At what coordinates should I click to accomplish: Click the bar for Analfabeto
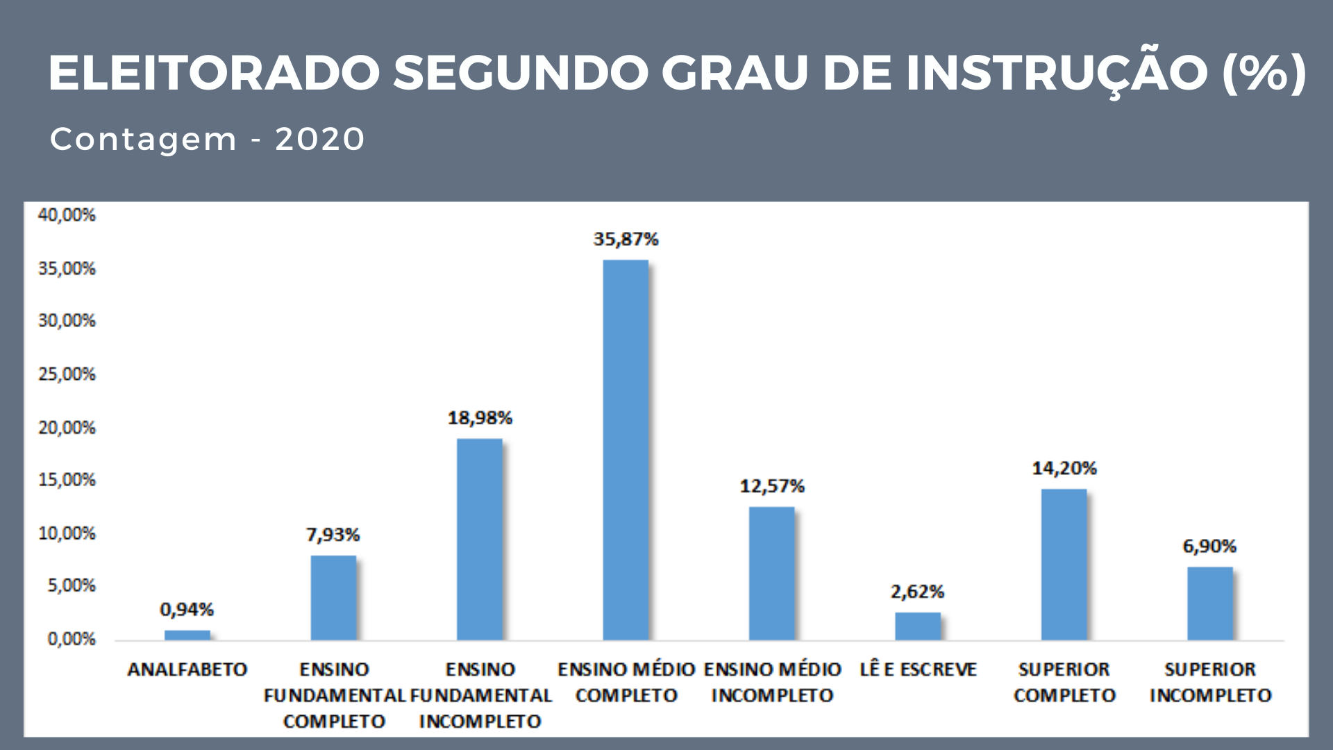pos(187,635)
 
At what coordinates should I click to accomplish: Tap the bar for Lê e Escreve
pos(918,626)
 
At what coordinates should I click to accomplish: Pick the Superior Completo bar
pos(1064,564)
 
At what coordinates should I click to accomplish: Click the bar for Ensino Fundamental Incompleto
pos(480,539)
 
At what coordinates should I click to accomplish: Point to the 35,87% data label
pos(626,240)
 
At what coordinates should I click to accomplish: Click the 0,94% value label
pos(187,610)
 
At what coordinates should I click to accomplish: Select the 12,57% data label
pos(772,486)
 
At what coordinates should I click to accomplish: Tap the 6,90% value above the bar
pos(1209,547)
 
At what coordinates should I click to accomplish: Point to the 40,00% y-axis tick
pos(67,215)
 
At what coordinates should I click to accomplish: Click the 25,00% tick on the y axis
pos(67,374)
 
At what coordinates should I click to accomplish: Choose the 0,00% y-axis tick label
pos(71,639)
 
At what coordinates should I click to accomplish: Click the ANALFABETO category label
pos(187,669)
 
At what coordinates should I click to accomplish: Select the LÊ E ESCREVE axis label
pos(918,669)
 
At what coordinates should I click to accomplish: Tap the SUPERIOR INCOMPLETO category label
pos(1210,682)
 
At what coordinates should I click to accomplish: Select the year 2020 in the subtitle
pos(320,139)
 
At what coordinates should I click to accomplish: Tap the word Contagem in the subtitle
pos(144,140)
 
